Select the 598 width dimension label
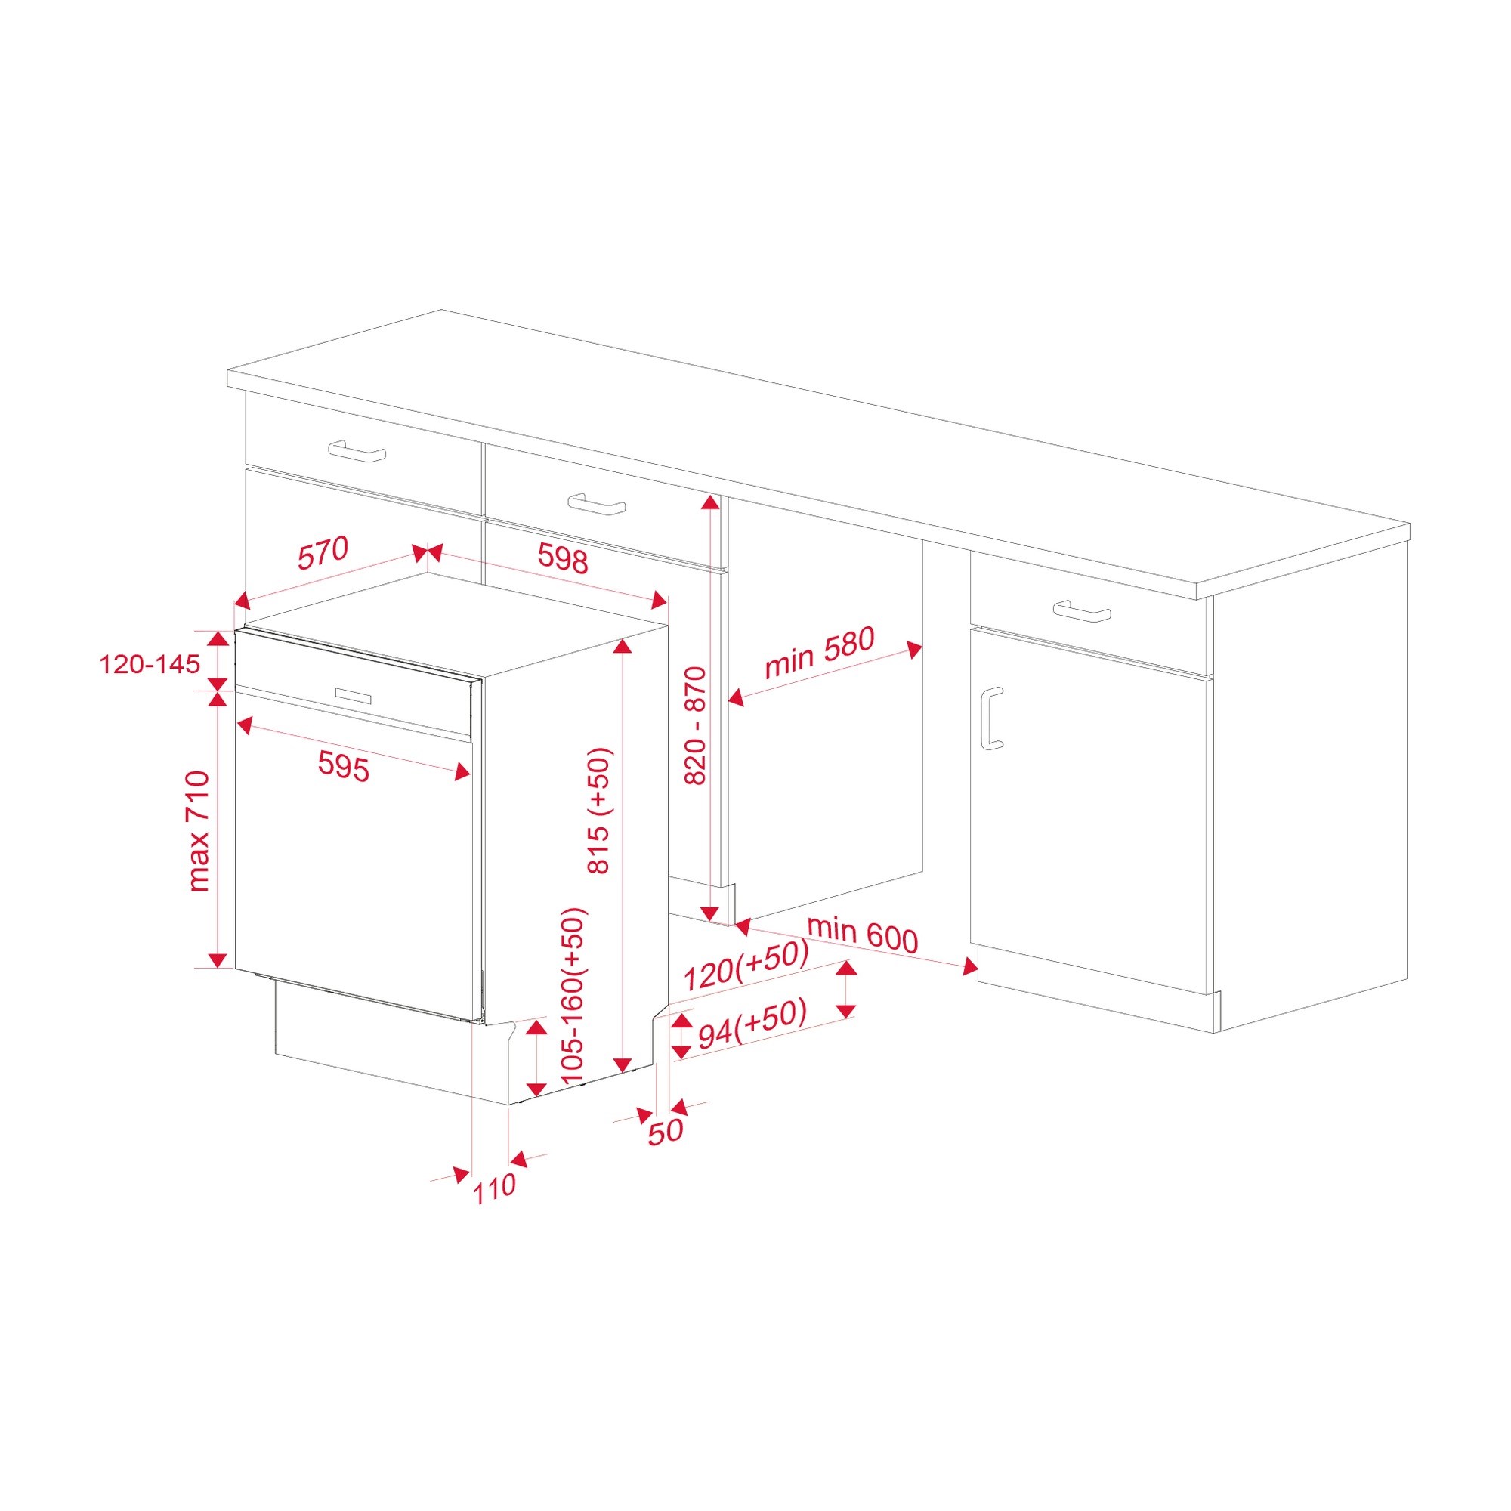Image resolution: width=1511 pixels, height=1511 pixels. point(563,558)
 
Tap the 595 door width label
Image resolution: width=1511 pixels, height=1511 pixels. point(343,765)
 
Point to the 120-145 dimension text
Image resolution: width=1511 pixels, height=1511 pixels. point(150,664)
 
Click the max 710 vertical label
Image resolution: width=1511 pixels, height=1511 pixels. point(199,831)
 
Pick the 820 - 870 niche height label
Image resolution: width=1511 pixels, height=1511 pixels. point(694,725)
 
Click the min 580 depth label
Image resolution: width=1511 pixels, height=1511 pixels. point(820,653)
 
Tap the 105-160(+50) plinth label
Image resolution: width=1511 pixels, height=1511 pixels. point(573,996)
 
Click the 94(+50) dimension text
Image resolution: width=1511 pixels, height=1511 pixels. point(752,1025)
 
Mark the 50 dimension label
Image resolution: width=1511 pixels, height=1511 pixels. point(666,1130)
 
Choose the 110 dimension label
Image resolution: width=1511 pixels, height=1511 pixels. point(494,1188)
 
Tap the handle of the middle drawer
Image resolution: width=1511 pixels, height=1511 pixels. point(597,504)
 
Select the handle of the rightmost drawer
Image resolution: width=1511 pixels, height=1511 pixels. point(1082,610)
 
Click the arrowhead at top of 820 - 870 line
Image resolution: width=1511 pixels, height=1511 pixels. point(709,502)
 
